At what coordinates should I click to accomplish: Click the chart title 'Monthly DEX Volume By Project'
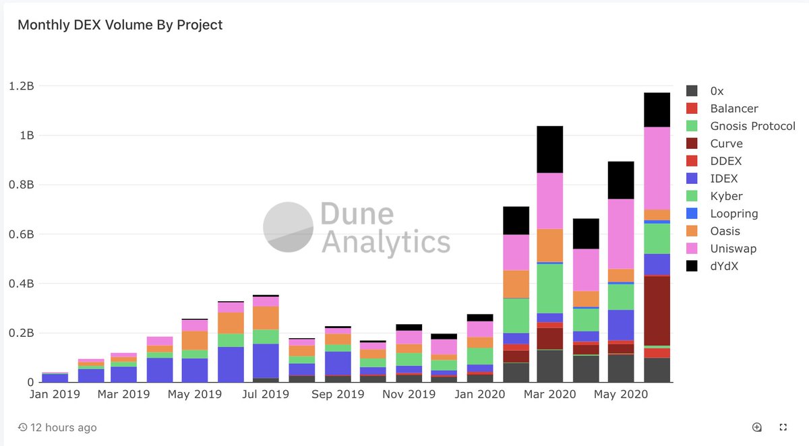pos(120,25)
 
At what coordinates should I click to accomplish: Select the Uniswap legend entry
pos(733,249)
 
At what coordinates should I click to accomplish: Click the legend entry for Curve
pos(726,144)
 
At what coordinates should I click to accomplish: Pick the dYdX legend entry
pos(725,266)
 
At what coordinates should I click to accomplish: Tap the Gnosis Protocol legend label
pos(752,126)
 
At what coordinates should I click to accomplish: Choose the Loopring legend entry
pos(733,214)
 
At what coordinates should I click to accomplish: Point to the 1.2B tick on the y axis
pos(21,86)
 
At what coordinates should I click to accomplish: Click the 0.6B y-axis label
pos(21,234)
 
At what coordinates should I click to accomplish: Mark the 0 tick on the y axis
pos(30,382)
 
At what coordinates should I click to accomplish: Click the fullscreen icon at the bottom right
pos(783,427)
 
